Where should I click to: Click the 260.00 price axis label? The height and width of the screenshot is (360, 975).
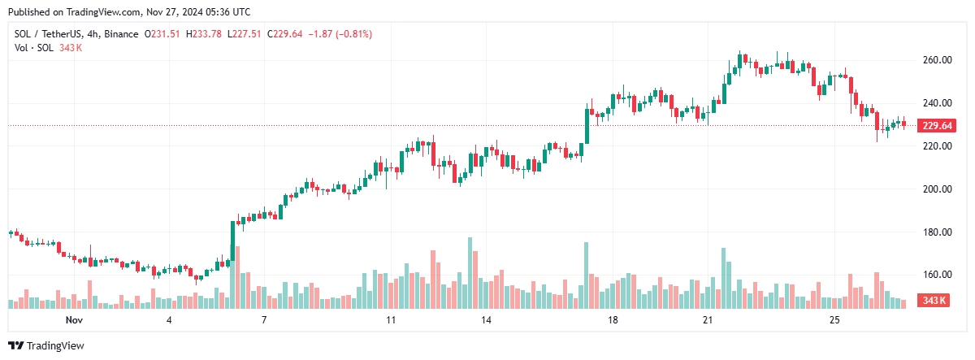click(936, 60)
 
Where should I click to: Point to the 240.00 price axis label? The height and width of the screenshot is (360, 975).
click(936, 103)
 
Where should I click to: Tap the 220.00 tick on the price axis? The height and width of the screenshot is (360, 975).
click(936, 146)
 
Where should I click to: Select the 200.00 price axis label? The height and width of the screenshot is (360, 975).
click(936, 189)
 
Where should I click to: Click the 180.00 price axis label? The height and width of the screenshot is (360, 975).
click(936, 232)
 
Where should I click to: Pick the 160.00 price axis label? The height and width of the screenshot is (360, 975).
click(936, 275)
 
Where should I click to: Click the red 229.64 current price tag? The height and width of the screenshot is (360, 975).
click(936, 125)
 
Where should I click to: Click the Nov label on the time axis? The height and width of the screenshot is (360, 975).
click(74, 321)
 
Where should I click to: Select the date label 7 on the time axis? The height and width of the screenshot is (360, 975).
click(264, 321)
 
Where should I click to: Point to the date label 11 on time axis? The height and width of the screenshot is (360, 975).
click(391, 321)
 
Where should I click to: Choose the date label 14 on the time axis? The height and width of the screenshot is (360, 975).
click(486, 321)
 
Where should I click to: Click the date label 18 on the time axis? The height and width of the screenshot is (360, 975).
click(613, 321)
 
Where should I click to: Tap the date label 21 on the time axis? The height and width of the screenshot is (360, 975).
click(708, 321)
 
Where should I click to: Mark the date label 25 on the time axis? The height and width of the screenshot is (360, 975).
click(834, 321)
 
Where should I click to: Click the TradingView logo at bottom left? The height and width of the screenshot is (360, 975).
click(46, 345)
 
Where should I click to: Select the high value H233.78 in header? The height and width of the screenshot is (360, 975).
click(206, 33)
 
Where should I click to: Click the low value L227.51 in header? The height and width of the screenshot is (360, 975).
click(247, 33)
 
